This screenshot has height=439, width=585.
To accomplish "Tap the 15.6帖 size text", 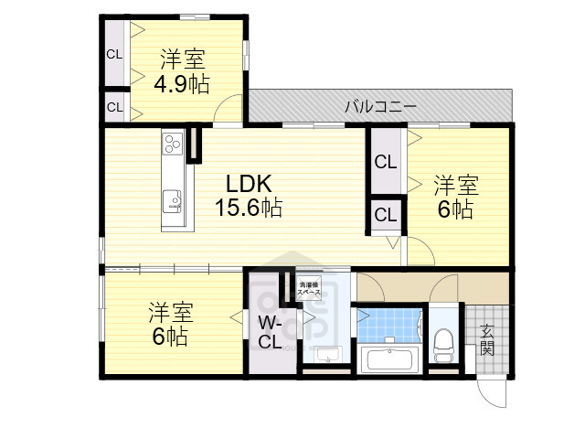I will point(248,208).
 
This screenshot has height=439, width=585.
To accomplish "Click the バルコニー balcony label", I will point(380,107).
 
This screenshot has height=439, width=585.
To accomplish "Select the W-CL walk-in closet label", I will point(269,333).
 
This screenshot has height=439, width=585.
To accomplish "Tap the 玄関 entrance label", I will point(486,340).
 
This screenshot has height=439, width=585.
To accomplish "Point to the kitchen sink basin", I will point(173,200).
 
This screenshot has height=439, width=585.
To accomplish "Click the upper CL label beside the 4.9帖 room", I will point(113,53).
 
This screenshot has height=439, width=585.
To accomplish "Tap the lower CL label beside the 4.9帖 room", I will point(113,107).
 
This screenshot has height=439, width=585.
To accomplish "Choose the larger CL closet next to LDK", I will point(385,163).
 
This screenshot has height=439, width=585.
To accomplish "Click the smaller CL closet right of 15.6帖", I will point(385,216).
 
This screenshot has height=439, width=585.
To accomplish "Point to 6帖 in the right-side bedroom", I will point(455,210).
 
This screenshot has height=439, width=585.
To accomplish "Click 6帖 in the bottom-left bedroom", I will point(171,337).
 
